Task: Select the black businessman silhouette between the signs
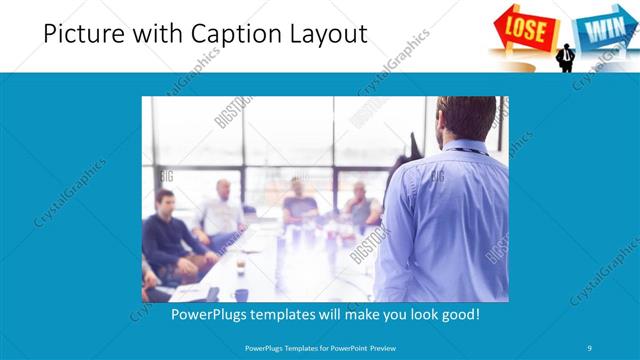point(565,56)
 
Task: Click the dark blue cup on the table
point(241,295)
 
